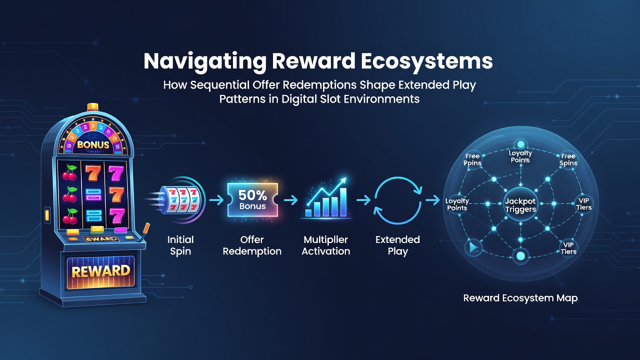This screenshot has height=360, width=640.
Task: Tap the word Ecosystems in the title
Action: pyautogui.click(x=427, y=61)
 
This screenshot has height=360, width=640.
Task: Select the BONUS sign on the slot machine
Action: pyautogui.click(x=93, y=144)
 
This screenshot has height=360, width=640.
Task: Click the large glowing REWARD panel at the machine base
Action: pyautogui.click(x=100, y=271)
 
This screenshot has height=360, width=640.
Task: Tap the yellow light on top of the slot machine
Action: pyautogui.click(x=93, y=107)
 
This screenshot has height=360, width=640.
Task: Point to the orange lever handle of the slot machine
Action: pyautogui.click(x=146, y=228)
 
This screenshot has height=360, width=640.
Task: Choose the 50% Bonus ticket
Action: pyautogui.click(x=252, y=199)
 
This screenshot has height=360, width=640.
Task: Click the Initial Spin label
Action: pyautogui.click(x=180, y=245)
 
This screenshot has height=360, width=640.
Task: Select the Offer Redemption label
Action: pyautogui.click(x=252, y=245)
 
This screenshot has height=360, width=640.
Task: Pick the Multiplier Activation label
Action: pyautogui.click(x=326, y=245)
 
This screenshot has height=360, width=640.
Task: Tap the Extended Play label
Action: pyautogui.click(x=397, y=245)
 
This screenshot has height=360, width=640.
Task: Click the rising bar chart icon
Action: pyautogui.click(x=326, y=197)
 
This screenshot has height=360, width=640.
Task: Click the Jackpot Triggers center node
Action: pyautogui.click(x=520, y=205)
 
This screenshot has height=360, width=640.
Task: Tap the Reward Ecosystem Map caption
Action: pyautogui.click(x=520, y=298)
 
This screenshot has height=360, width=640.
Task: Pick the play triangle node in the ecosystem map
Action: pyautogui.click(x=473, y=247)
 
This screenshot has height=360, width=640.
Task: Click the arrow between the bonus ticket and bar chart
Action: pyautogui.click(x=291, y=200)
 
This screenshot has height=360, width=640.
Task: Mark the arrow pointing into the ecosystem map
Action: pyautogui.click(x=432, y=200)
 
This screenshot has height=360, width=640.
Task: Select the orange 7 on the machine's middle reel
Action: pyautogui.click(x=93, y=172)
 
